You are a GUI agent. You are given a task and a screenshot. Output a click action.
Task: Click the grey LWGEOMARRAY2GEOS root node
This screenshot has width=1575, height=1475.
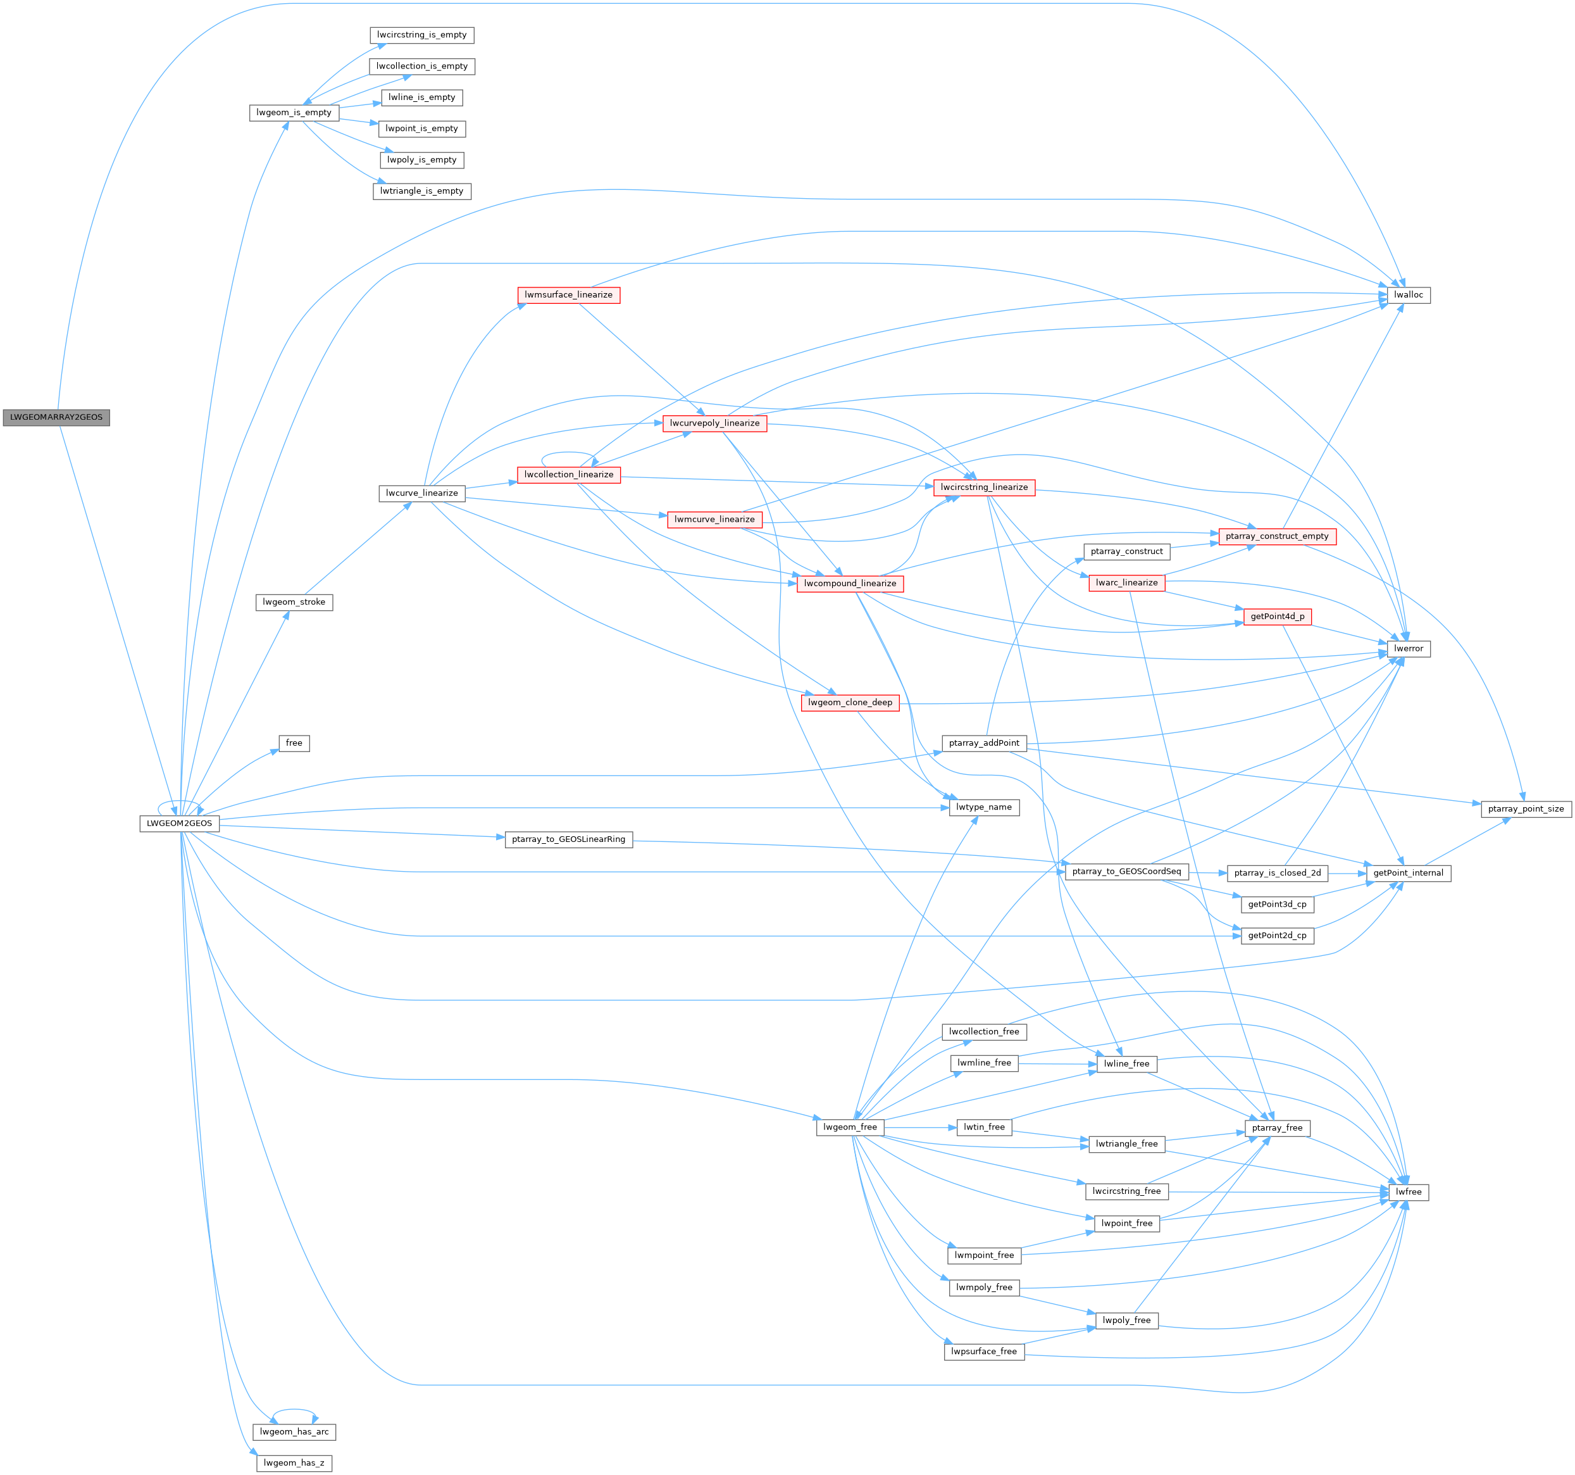tap(56, 417)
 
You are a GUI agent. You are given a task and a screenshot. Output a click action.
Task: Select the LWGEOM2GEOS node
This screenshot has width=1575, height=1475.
tap(180, 824)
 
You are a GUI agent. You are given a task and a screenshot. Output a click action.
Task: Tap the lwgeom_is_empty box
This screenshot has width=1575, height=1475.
tap(294, 113)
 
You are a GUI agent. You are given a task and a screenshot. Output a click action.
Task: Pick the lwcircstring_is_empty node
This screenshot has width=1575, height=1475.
tap(421, 35)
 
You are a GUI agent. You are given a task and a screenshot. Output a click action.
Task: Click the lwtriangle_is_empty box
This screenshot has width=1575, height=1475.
tap(421, 191)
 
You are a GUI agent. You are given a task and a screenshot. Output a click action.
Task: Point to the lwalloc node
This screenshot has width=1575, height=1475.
tap(1408, 295)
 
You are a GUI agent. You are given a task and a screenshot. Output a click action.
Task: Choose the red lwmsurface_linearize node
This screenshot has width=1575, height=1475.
tap(568, 295)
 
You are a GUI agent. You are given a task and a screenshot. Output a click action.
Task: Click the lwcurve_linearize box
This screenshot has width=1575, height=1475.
tap(421, 493)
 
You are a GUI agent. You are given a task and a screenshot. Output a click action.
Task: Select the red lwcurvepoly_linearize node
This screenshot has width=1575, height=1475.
tap(714, 424)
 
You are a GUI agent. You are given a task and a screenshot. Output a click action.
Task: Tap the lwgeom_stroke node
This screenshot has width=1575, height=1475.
tap(294, 603)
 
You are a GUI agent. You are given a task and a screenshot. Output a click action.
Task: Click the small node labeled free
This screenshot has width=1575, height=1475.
tap(294, 743)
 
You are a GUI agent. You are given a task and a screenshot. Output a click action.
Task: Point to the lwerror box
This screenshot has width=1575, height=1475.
tap(1408, 648)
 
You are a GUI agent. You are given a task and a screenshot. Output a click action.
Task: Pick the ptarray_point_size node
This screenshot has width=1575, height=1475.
tap(1526, 809)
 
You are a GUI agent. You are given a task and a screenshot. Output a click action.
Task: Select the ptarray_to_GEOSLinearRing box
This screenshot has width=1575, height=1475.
tap(568, 839)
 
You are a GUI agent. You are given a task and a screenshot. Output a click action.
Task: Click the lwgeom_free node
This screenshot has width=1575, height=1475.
tap(850, 1127)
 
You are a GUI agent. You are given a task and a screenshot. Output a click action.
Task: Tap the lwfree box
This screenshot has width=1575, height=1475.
tap(1408, 1192)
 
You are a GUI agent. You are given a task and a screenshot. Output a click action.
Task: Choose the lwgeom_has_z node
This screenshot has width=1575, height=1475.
tap(294, 1463)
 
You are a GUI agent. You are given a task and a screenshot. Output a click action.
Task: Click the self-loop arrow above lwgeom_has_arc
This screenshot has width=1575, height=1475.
tap(294, 1411)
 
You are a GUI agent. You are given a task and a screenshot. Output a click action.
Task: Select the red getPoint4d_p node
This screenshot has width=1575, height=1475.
tap(1277, 617)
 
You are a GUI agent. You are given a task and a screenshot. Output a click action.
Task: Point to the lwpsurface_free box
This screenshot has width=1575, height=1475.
tap(984, 1352)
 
